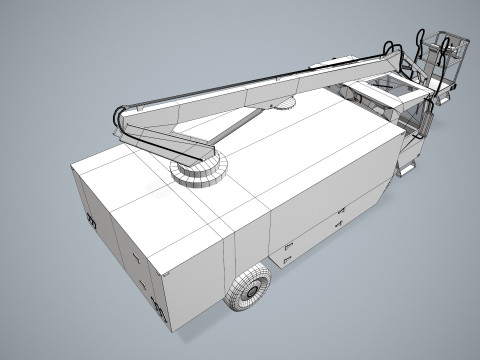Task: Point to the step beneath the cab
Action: point(405,168)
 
